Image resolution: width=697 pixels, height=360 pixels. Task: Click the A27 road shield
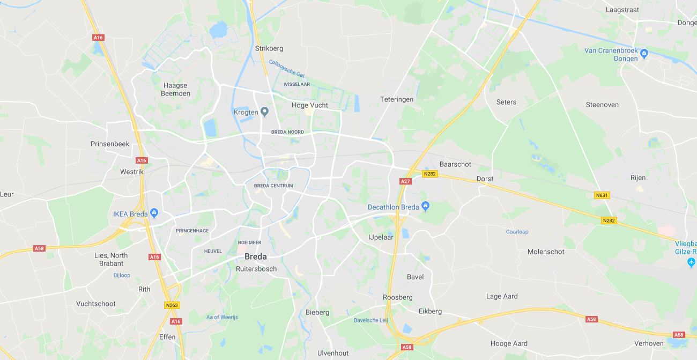coord(405,181)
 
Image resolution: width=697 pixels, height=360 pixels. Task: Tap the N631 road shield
coord(602,195)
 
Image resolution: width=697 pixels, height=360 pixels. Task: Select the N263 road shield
coord(172,305)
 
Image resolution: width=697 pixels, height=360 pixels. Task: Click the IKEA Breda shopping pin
coord(154,213)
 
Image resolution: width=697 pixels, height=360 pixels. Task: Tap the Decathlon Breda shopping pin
coord(425,205)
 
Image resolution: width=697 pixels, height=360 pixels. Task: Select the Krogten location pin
coord(264,112)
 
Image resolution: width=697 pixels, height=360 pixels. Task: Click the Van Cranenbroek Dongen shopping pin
coord(644,53)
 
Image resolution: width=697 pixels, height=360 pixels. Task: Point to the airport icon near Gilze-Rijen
coord(691,262)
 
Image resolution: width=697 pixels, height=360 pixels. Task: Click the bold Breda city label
coord(255,256)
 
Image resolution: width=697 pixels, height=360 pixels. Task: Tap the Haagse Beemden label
coord(175,89)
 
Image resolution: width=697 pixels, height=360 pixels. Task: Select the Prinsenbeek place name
coord(110,144)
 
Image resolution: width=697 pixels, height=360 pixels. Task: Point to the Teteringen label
coord(397,99)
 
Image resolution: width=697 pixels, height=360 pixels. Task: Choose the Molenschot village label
coord(546,252)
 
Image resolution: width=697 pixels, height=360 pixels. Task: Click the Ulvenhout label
coord(333,353)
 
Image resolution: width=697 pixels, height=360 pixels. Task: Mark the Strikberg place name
coord(269,48)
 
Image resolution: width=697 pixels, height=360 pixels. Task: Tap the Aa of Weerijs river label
coord(222,317)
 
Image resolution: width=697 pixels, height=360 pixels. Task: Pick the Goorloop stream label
coord(517,232)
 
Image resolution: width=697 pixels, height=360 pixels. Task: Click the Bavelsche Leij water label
coord(370,320)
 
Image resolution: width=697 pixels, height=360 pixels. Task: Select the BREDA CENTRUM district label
coord(273,186)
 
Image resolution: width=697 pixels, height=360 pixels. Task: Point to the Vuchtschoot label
coord(96,304)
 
